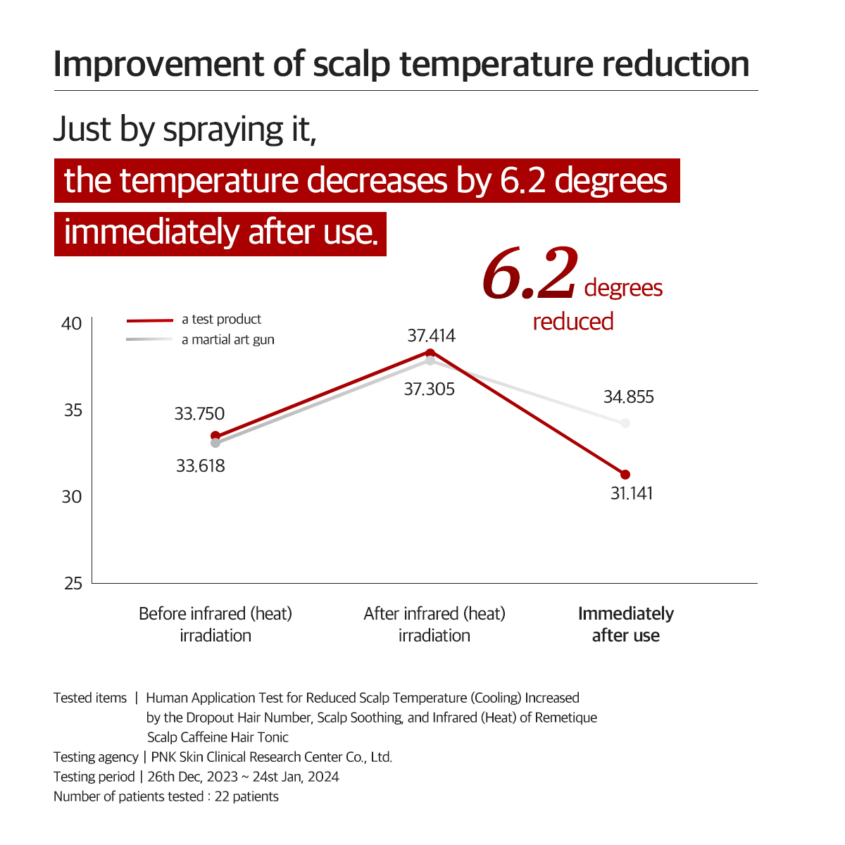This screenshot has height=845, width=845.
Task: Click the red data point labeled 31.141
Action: click(625, 475)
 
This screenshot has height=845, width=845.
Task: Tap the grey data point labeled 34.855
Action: click(625, 423)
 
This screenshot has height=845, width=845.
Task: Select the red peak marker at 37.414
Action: click(430, 352)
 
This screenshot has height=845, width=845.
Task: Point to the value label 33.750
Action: click(199, 414)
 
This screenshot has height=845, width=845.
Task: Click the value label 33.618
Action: click(201, 466)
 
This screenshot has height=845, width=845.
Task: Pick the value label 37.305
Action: click(429, 389)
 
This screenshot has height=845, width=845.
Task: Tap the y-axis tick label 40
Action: click(72, 324)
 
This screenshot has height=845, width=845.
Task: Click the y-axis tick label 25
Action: click(73, 584)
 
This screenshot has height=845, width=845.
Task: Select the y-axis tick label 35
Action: click(73, 411)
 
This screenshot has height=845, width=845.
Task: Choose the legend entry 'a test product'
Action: click(221, 320)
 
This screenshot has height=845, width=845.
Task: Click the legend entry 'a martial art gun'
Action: click(227, 340)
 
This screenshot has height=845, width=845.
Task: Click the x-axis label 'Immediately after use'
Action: click(625, 625)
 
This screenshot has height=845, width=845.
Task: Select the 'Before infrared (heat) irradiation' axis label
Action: click(215, 625)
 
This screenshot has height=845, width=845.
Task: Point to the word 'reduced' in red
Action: click(573, 322)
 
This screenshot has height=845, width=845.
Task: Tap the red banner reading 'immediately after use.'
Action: click(220, 232)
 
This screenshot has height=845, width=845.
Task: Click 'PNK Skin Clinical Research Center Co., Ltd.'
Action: click(272, 758)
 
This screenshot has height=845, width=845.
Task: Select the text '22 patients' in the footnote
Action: click(246, 797)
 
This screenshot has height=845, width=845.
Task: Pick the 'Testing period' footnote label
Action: click(94, 777)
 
